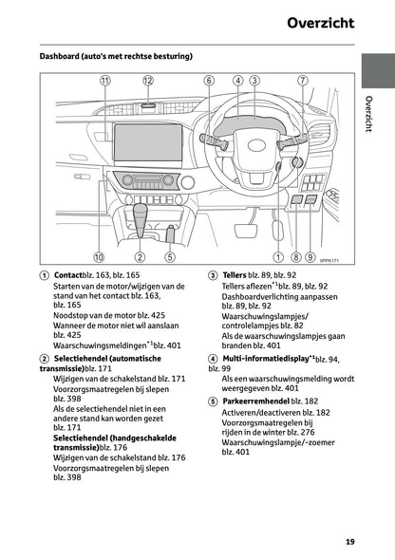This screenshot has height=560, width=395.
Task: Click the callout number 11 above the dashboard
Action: pyautogui.click(x=104, y=82)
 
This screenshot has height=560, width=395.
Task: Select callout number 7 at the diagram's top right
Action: pyautogui.click(x=302, y=82)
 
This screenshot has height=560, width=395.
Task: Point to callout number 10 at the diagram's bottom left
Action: pyautogui.click(x=99, y=256)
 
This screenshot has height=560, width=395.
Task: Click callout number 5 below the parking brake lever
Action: pyautogui.click(x=169, y=256)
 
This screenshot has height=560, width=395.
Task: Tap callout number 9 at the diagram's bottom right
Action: pyautogui.click(x=311, y=256)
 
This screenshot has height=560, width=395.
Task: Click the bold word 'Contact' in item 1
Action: pyautogui.click(x=68, y=275)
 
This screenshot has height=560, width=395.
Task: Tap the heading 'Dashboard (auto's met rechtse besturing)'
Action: pyautogui.click(x=116, y=56)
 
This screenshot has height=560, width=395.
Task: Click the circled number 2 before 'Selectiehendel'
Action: pyautogui.click(x=45, y=359)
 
